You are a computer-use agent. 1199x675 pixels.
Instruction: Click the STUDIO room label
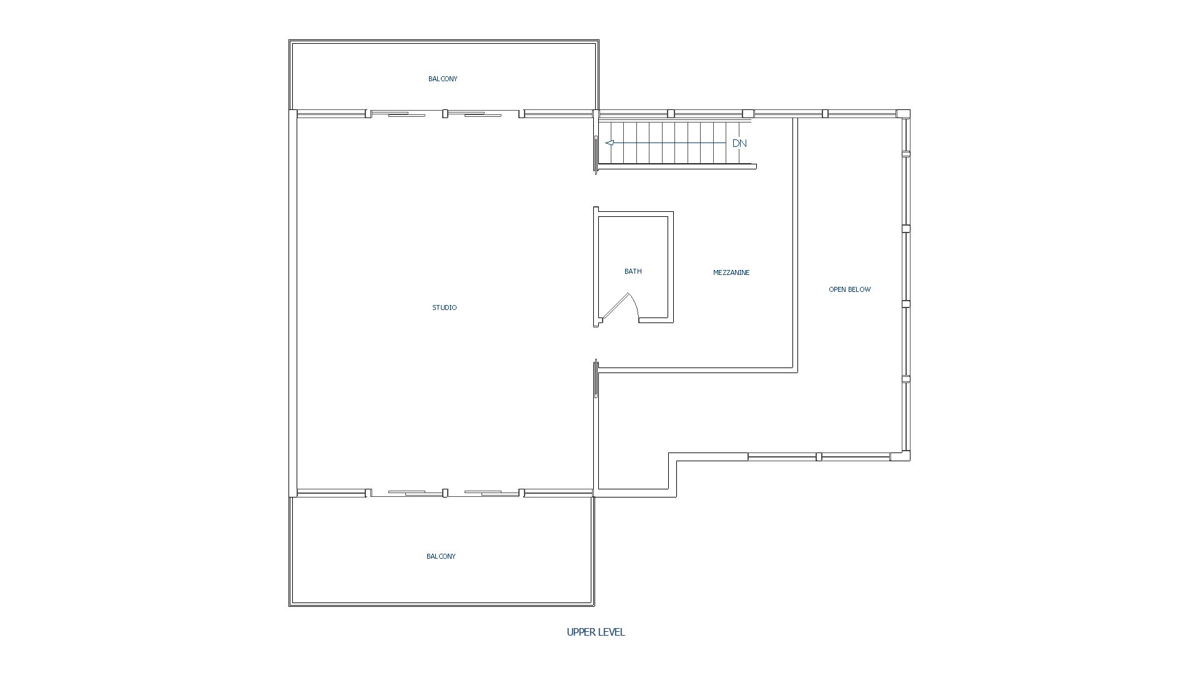point(444,307)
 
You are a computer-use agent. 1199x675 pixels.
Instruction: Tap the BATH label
point(633,271)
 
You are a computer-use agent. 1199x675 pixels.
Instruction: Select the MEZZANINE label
point(731,272)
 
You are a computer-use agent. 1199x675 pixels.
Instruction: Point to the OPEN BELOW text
point(849,289)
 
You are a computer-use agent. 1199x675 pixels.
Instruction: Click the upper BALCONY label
point(443,79)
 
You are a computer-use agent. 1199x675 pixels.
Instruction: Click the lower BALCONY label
point(441,556)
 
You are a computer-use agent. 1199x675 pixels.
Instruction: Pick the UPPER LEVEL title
point(596,632)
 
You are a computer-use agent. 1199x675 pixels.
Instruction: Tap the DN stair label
point(739,143)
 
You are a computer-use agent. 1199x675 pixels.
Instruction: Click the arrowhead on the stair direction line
point(609,143)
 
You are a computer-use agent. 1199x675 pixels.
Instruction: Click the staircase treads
point(674,143)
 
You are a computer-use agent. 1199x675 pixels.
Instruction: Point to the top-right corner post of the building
point(904,114)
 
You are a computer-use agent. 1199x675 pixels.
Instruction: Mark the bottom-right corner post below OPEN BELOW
point(900,456)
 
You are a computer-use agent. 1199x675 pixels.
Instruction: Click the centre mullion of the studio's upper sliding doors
point(445,114)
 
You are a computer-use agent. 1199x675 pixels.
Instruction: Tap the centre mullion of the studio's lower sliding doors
point(445,493)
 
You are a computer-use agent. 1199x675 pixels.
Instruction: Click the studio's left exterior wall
point(292,303)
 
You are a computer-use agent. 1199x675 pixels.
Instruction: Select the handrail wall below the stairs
point(677,166)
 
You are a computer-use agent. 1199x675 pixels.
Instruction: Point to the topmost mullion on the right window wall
point(906,153)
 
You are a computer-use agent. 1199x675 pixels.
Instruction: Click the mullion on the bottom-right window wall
point(819,457)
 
